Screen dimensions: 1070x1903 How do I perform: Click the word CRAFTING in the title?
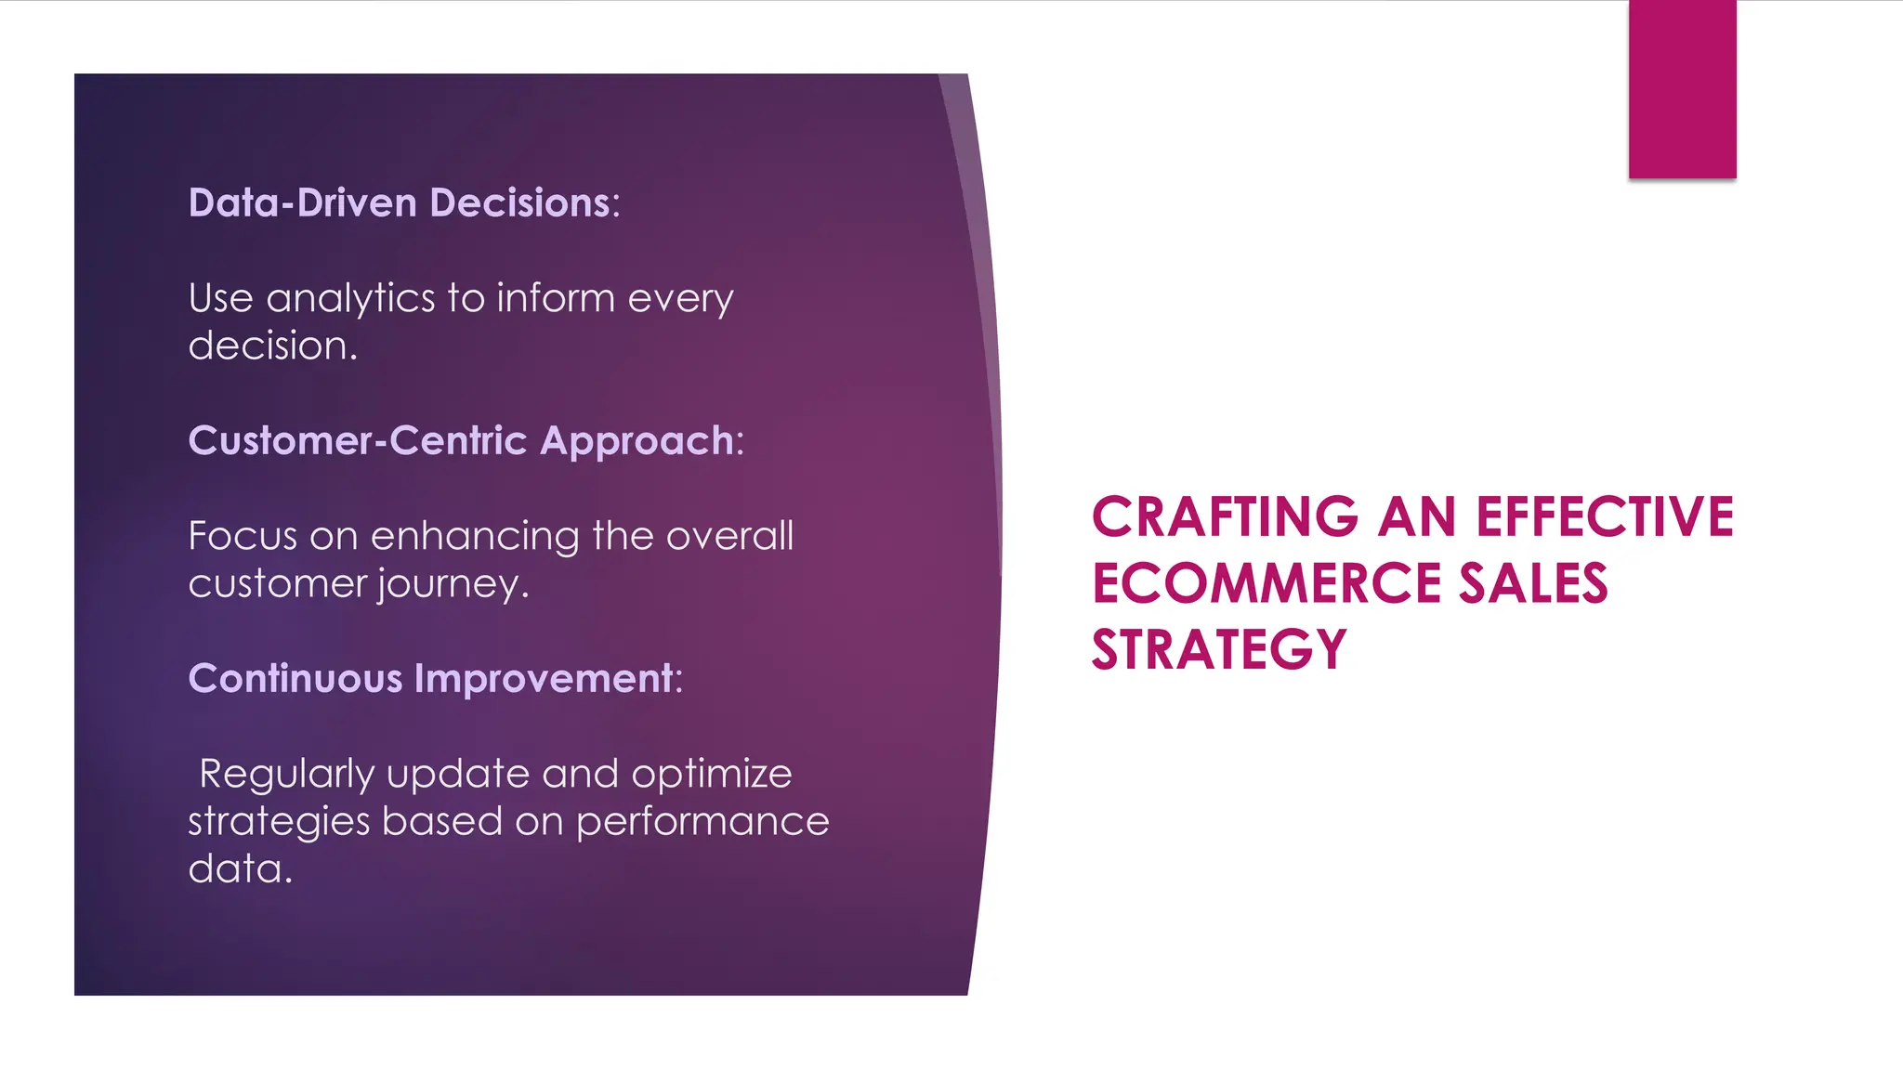(1225, 517)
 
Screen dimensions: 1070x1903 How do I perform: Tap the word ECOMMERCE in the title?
(1266, 584)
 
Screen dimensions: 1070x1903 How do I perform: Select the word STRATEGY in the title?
(1218, 650)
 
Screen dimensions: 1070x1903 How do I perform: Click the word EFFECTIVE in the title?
(1605, 517)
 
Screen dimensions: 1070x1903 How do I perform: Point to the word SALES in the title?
(1532, 584)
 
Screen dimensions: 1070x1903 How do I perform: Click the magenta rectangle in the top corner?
(1682, 89)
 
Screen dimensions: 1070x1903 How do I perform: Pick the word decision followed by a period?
(271, 346)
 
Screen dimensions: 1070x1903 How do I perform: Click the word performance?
(702, 822)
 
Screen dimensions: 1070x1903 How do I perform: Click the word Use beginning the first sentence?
(220, 299)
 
